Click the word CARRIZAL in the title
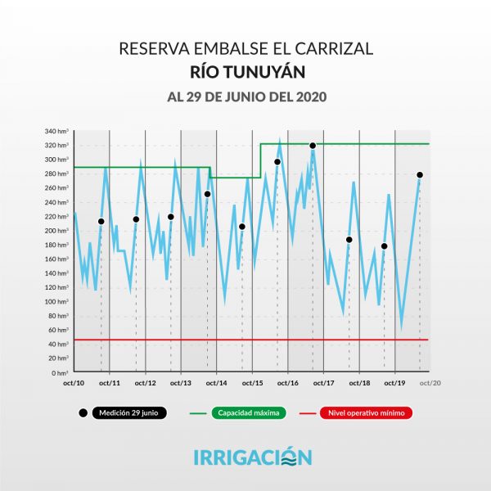pyautogui.click(x=331, y=48)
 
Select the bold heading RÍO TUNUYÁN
pyautogui.click(x=245, y=72)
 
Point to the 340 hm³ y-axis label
pyautogui.click(x=56, y=131)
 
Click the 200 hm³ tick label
pyautogui.click(x=56, y=230)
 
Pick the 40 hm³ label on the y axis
pyautogui.click(x=58, y=344)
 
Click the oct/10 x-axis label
pyautogui.click(x=74, y=383)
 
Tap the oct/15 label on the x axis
pyautogui.click(x=252, y=383)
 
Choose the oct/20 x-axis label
pyautogui.click(x=430, y=383)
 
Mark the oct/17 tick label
pyautogui.click(x=323, y=383)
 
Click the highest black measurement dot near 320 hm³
pyautogui.click(x=313, y=146)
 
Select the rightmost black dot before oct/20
pyautogui.click(x=420, y=175)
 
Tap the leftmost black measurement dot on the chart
pyautogui.click(x=101, y=222)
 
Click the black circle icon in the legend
pyautogui.click(x=83, y=413)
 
